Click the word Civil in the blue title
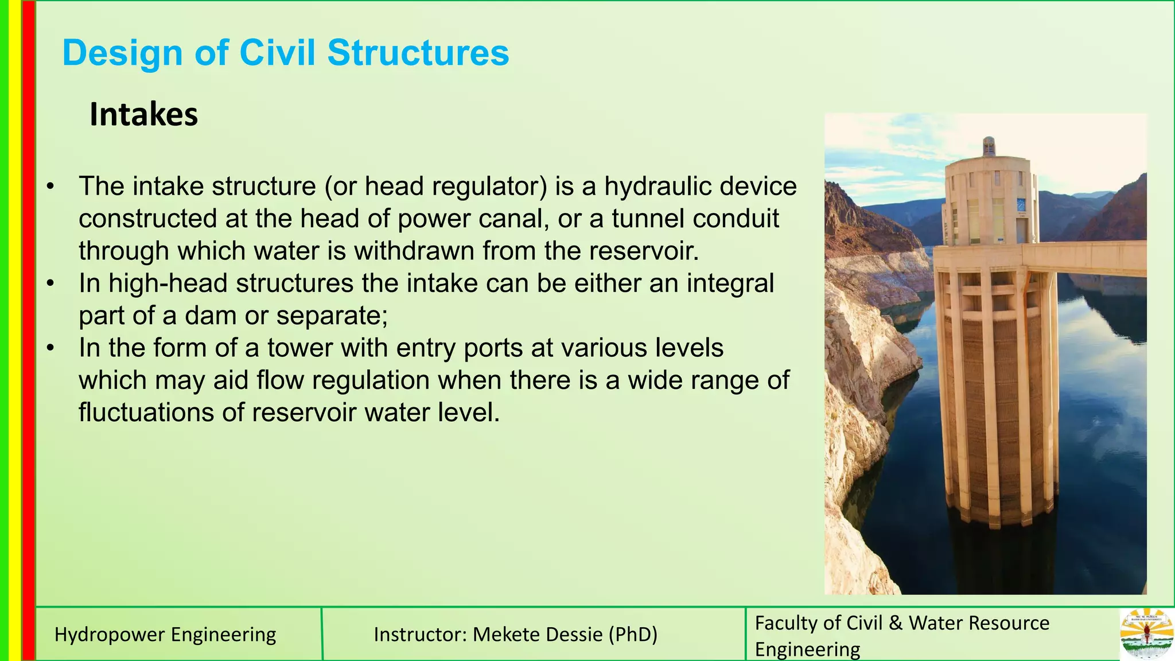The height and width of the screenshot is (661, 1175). (x=277, y=53)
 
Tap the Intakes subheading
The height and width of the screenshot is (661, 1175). (x=143, y=114)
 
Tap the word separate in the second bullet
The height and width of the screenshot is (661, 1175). (x=332, y=316)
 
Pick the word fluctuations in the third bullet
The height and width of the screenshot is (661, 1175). (x=146, y=413)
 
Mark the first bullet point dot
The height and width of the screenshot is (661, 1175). (x=51, y=186)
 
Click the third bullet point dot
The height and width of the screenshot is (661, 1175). (x=51, y=348)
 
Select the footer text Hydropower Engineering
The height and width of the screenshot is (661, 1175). (x=165, y=635)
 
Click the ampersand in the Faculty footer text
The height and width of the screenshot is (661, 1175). (x=895, y=623)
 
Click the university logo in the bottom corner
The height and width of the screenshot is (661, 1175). (x=1146, y=633)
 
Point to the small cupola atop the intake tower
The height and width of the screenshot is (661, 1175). (x=989, y=146)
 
